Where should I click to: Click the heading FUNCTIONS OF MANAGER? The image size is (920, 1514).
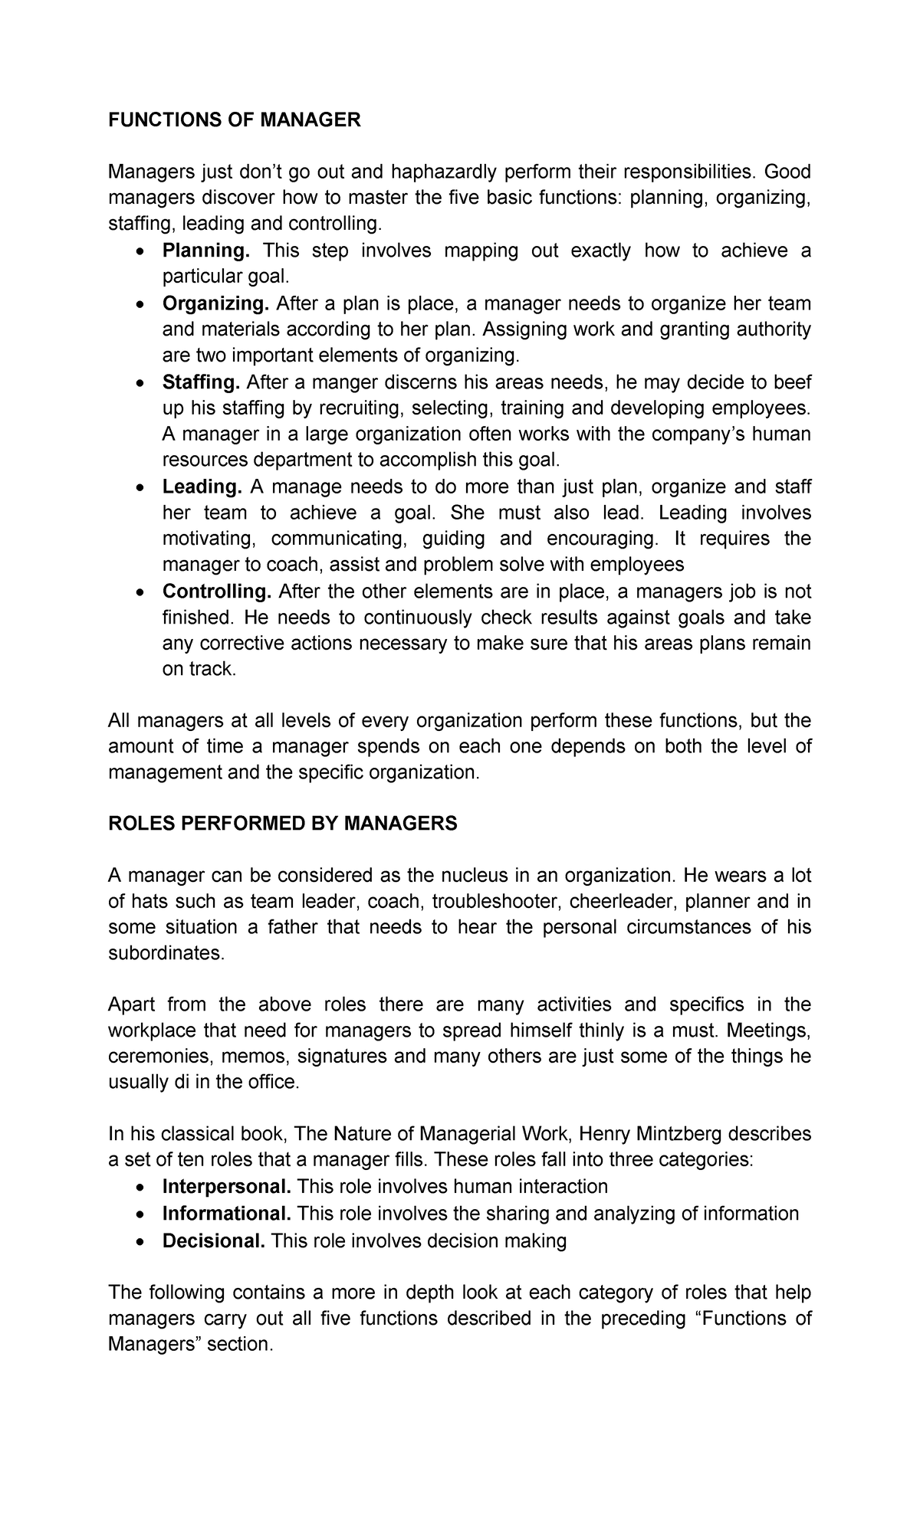[x=234, y=120]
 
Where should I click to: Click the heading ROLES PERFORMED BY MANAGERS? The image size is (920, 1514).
[x=282, y=824]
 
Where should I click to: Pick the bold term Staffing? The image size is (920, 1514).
[x=202, y=382]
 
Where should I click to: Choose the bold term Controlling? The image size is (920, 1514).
[x=217, y=592]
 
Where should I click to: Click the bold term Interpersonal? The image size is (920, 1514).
[x=226, y=1187]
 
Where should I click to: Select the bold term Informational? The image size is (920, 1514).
[x=226, y=1214]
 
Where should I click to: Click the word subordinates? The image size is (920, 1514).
[x=166, y=953]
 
